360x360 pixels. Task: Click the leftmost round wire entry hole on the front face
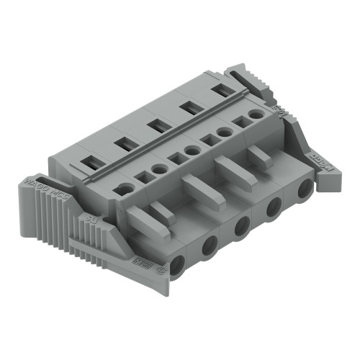[x=178, y=260]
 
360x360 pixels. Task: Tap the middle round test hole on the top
[x=192, y=150]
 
